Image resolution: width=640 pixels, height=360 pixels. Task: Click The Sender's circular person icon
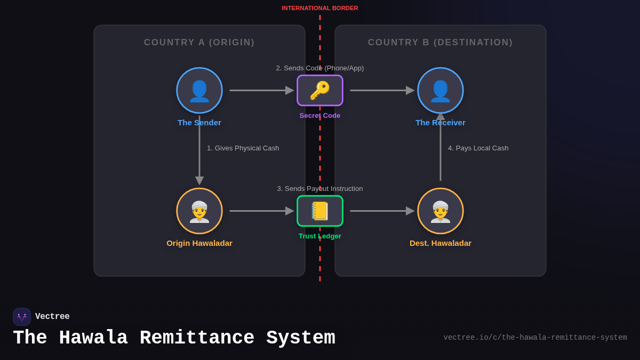199,90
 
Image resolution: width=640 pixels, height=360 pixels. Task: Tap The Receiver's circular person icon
441,90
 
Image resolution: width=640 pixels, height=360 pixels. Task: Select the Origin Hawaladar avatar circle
199,211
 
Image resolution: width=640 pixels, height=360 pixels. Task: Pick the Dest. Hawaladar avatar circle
441,211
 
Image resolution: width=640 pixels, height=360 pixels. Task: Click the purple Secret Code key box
320,90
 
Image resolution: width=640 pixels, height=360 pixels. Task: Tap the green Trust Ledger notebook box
320,211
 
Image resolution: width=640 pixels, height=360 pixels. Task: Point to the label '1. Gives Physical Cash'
243,148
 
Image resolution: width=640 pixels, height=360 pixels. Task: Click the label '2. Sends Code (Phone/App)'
320,68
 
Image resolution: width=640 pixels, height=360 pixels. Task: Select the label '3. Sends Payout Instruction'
320,189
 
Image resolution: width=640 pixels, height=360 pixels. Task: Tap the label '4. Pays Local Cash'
478,148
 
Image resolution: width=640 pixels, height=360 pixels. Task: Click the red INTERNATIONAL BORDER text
320,8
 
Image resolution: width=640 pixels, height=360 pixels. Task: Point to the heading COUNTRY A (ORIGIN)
199,43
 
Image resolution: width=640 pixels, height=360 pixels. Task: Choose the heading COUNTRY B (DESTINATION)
441,43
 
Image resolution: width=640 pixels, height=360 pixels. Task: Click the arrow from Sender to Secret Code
261,90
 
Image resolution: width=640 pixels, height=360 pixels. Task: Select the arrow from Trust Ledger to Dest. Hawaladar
382,211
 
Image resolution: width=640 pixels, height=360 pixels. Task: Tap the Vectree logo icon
22,317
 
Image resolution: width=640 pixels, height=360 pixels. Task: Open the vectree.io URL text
535,338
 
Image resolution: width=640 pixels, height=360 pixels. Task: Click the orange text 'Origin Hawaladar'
199,243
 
